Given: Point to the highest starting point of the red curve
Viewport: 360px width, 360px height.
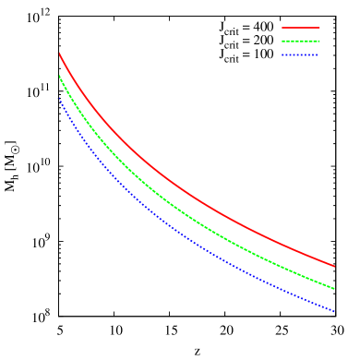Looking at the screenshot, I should tap(59, 53).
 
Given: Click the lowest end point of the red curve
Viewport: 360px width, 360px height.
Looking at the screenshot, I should tap(334, 266).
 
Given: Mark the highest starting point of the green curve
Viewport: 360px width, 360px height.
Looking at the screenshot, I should tap(59, 76).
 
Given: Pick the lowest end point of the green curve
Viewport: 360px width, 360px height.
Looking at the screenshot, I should tap(334, 288).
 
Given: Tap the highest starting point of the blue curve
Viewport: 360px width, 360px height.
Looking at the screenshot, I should tap(59, 98).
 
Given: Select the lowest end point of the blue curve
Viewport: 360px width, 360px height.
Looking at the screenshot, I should tap(334, 311).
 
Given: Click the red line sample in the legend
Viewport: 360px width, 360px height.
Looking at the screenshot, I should tap(301, 28).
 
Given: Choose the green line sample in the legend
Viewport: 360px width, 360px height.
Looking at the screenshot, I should tap(301, 42).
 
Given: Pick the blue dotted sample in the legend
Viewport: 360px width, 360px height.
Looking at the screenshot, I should tap(301, 55).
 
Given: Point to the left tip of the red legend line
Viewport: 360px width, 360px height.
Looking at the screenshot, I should tap(282, 28).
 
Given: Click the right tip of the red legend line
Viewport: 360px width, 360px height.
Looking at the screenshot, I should tap(319, 28).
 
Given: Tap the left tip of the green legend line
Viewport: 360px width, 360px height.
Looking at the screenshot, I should tap(282, 42).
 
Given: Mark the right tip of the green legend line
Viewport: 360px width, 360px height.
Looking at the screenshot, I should tap(319, 42).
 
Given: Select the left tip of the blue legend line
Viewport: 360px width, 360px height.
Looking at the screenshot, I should tap(282, 55).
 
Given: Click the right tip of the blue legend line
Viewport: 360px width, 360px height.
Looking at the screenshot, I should tap(318, 55).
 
